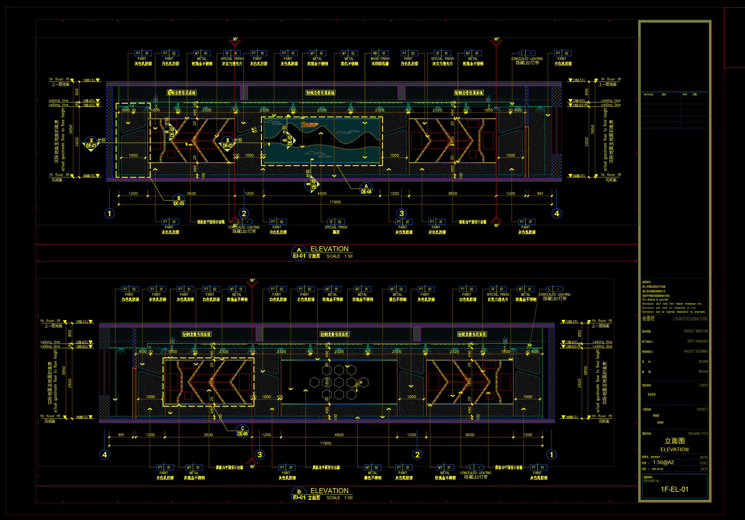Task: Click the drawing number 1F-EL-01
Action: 674,489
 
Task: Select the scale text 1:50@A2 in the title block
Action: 663,462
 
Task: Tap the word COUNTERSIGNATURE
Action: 690,319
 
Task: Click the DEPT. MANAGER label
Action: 697,341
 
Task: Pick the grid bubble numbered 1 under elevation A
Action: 109,213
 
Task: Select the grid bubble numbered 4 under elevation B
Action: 104,454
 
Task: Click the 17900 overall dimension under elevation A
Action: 335,202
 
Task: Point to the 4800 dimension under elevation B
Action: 339,435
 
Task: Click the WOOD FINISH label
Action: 380,59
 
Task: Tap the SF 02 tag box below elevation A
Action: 335,222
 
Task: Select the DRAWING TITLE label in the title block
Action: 698,433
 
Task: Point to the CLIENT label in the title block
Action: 704,385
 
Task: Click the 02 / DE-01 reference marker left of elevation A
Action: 91,143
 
